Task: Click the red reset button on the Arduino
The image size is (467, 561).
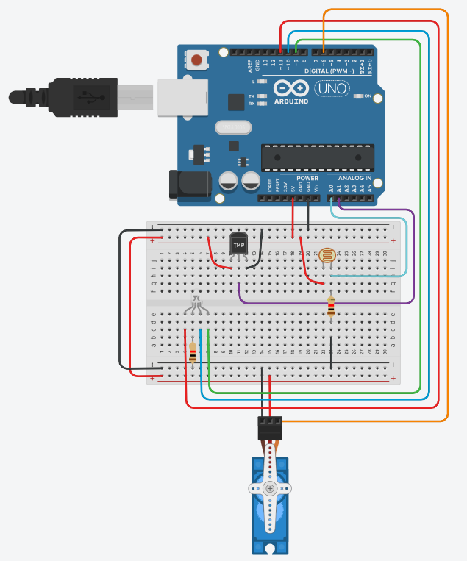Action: click(x=197, y=59)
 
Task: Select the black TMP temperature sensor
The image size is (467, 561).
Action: click(x=238, y=245)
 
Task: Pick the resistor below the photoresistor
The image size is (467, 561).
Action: click(x=331, y=308)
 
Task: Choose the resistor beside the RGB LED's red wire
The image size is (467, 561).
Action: click(x=193, y=354)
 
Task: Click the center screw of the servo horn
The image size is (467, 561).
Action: click(x=271, y=489)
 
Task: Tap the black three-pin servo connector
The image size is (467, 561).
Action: click(x=270, y=427)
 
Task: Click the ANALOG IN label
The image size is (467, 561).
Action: click(x=355, y=179)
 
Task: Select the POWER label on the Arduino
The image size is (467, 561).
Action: click(x=307, y=179)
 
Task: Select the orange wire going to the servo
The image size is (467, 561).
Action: click(x=446, y=221)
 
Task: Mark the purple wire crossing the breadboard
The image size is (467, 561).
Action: click(x=324, y=302)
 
